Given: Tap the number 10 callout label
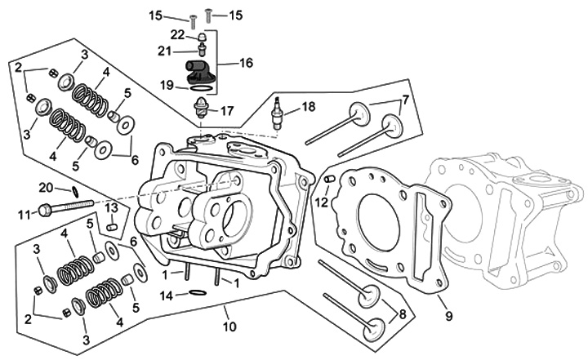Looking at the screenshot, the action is tap(229, 327).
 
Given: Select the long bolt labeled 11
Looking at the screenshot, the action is tap(66, 207).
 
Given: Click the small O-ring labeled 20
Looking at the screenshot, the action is tap(75, 192).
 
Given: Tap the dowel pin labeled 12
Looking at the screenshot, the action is tap(329, 180).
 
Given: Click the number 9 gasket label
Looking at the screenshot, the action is tap(448, 316).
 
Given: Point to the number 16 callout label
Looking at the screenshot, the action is tap(246, 63).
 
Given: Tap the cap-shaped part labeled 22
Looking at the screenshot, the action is tap(203, 38).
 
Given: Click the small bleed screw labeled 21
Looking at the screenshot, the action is tap(203, 50).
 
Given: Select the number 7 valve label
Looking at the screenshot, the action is tap(404, 100).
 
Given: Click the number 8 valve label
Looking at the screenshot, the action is tap(403, 313).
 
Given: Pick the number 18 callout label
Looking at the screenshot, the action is tap(308, 106).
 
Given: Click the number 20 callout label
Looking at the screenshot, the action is tap(47, 187).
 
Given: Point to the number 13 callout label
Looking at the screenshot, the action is tap(111, 207).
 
